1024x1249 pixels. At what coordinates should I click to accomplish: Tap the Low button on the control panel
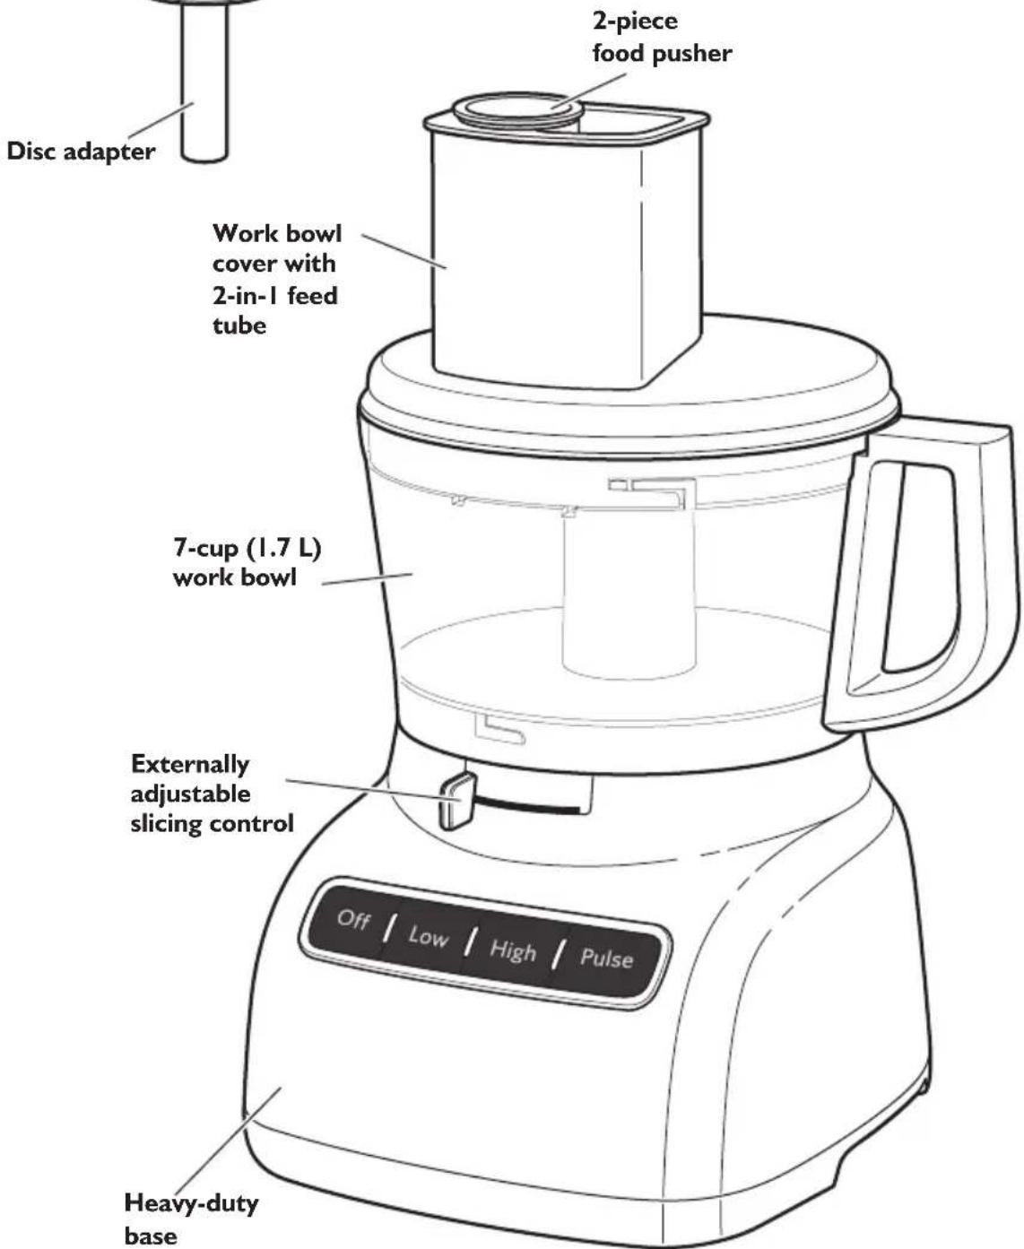pos(428,937)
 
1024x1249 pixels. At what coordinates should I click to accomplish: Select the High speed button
pos(512,950)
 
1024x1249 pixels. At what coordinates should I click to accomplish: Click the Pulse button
pos(606,958)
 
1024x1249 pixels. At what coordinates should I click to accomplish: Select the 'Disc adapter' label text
pos(81,151)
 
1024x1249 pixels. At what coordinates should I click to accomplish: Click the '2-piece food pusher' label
pos(661,37)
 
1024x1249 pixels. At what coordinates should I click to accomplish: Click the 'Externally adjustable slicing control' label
pos(212,794)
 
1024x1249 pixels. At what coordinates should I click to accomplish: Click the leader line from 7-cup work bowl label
pos(368,578)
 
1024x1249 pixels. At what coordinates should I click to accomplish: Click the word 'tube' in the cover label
pos(239,325)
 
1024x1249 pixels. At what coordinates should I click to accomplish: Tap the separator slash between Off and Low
pos(389,928)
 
